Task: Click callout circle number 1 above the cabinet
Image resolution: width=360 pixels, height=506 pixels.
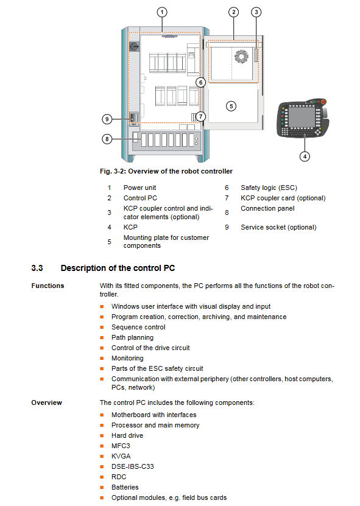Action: pos(162,12)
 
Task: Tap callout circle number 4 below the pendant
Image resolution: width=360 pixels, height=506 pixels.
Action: pos(305,156)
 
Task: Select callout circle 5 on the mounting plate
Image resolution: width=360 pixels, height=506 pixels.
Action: pos(231,106)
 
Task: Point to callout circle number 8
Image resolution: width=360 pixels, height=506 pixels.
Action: pos(107,139)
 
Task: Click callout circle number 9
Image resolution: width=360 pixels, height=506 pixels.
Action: pos(107,119)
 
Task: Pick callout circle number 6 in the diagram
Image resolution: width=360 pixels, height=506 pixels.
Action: pos(201,83)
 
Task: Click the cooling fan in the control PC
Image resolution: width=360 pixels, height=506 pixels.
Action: pos(241,57)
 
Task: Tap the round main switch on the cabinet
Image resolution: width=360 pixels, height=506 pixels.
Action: pos(134,47)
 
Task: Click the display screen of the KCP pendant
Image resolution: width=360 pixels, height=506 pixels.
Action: pos(302,117)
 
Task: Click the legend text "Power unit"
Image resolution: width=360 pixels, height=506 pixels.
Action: pos(139,188)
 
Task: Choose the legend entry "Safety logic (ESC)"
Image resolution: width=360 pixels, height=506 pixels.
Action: pos(269,188)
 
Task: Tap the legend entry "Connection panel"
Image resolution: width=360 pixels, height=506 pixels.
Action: pos(267,208)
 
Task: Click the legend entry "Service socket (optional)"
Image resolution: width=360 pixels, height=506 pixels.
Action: pos(278,227)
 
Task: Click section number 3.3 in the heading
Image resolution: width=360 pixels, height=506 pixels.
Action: pos(37,268)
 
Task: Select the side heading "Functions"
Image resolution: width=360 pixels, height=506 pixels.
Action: pos(48,286)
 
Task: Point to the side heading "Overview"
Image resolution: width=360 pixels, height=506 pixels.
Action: pos(46,402)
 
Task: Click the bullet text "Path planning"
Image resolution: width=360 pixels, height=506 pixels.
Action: pos(132,337)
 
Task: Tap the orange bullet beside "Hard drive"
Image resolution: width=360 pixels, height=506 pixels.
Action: pos(102,435)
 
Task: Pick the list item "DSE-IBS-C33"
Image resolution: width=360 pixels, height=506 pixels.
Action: pos(133,466)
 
